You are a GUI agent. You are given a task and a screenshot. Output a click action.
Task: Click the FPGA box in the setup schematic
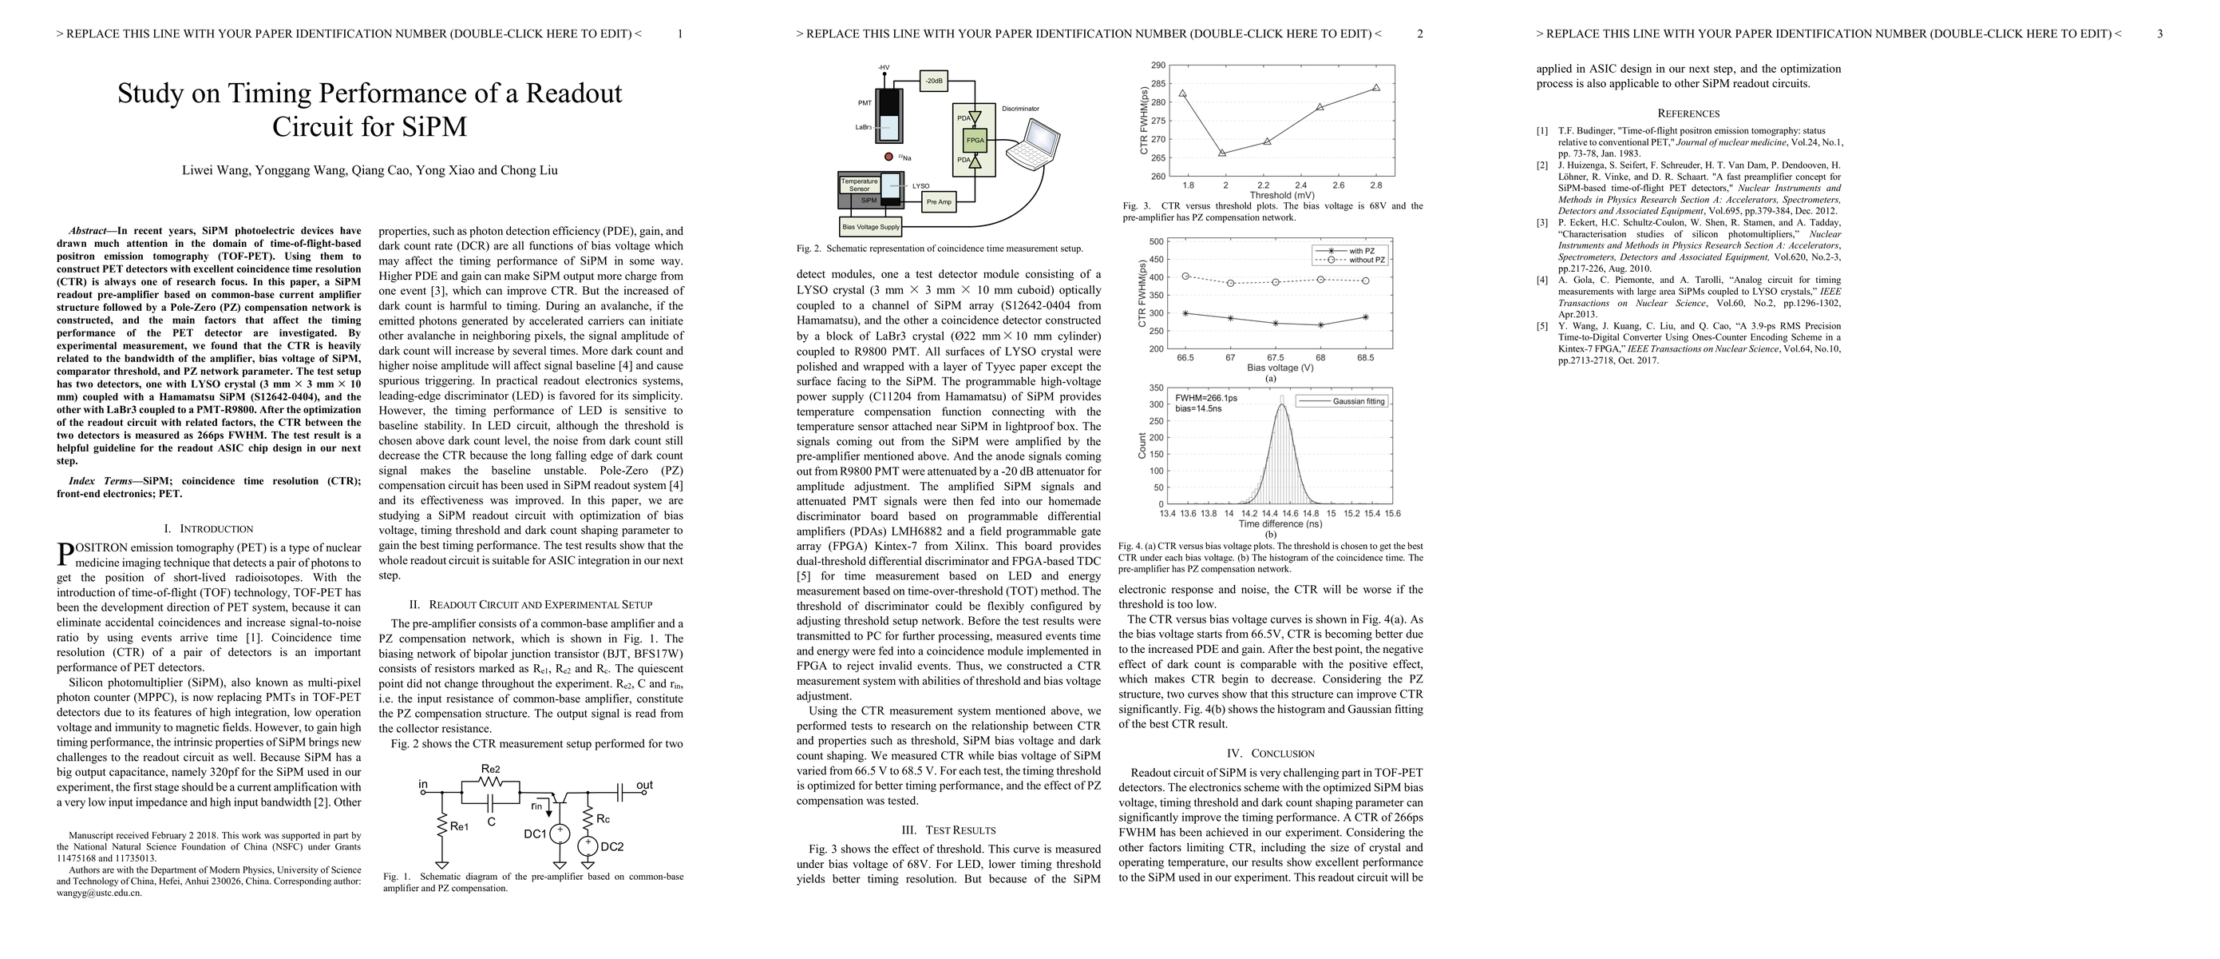975,140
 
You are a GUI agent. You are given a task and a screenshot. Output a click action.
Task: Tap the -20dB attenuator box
933,81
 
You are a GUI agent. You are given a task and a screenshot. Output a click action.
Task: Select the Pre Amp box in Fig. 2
939,202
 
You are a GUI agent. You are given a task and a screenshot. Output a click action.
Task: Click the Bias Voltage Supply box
870,227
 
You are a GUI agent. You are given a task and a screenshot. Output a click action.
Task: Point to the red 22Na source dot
888,157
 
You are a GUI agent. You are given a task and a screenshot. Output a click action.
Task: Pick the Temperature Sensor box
859,185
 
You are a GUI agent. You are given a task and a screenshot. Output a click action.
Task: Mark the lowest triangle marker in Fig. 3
1222,153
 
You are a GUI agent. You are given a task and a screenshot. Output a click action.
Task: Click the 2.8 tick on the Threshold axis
1375,185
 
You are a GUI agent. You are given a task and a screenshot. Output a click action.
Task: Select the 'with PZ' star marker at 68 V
1320,325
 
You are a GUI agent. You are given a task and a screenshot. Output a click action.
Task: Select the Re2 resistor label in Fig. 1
490,769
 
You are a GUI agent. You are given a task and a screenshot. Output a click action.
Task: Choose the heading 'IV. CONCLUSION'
1270,754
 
